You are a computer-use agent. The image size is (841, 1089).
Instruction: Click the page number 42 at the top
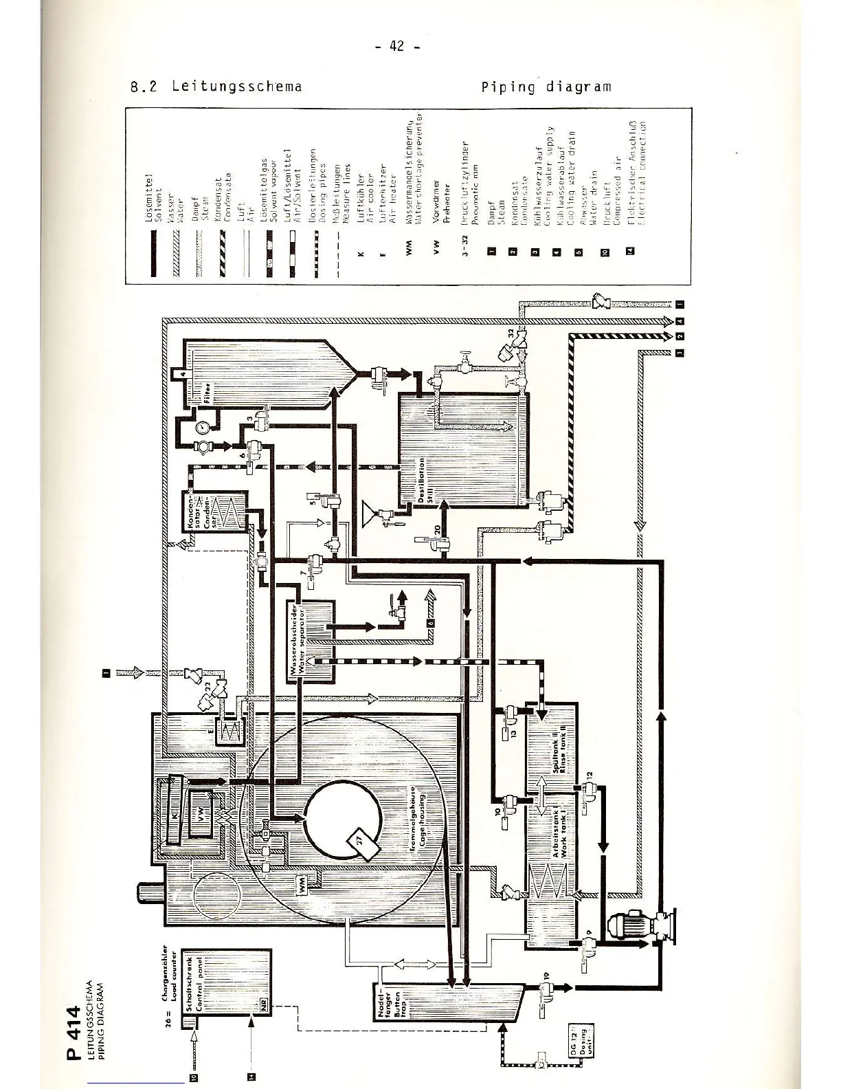tap(396, 46)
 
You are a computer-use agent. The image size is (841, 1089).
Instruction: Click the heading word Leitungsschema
tap(237, 87)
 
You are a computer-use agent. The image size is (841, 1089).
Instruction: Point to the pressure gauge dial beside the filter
tap(203, 426)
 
